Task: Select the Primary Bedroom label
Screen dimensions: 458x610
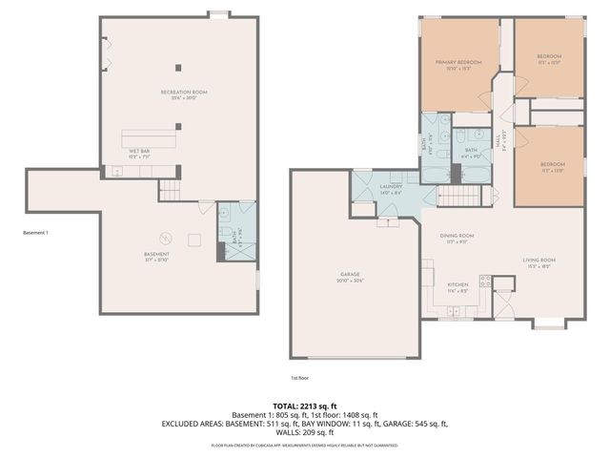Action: pos(458,64)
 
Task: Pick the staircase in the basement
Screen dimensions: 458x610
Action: pos(170,188)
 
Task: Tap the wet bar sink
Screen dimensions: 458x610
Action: pos(117,172)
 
